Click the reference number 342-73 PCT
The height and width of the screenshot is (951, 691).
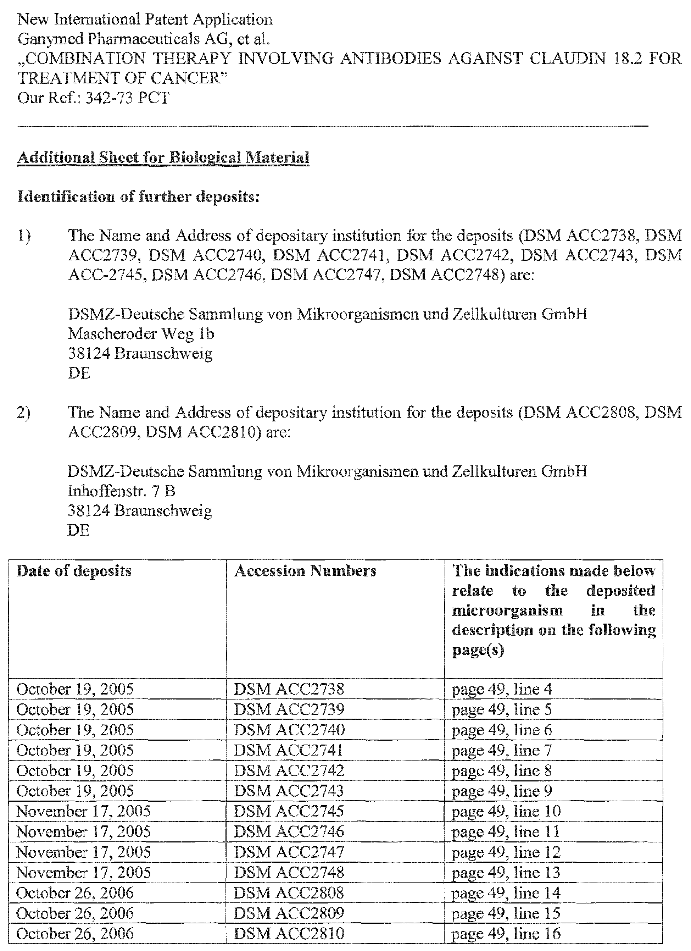tap(127, 98)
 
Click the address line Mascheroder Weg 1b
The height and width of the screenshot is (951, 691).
tap(141, 334)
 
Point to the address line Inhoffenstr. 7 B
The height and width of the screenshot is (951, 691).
tap(122, 491)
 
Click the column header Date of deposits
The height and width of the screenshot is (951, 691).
tap(74, 571)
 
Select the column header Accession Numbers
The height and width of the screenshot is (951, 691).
tap(305, 571)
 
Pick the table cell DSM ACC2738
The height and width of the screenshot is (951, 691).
tap(289, 689)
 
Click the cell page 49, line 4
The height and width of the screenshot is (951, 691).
tap(502, 689)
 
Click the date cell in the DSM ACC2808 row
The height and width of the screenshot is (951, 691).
tap(75, 893)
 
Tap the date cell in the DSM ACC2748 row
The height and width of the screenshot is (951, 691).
tap(83, 873)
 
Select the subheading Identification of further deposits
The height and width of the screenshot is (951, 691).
tap(139, 197)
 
